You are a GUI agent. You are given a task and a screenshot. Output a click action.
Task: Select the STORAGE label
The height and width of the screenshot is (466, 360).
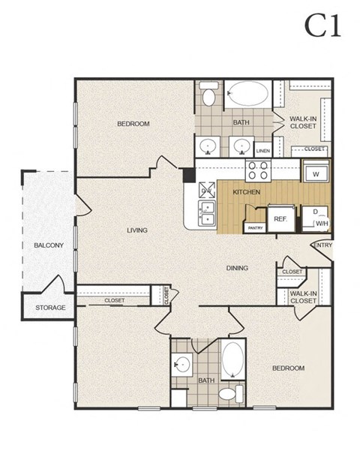50,308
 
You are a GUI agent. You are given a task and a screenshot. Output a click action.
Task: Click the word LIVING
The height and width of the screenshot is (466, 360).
136,230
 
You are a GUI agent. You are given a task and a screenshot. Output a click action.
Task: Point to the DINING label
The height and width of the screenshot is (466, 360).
238,268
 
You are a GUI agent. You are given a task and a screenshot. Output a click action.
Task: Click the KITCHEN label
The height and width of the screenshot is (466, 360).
246,193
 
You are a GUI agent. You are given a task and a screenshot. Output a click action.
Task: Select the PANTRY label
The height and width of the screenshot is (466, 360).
255,227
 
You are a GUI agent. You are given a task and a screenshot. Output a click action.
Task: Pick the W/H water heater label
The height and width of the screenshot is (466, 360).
321,223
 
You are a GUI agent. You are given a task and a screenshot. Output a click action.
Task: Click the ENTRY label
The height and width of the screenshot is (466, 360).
322,245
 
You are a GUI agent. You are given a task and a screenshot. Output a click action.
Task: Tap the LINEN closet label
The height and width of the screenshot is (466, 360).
262,151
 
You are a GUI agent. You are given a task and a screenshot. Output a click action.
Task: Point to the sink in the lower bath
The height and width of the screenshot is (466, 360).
181,365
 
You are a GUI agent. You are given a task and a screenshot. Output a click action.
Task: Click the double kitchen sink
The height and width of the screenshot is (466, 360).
206,214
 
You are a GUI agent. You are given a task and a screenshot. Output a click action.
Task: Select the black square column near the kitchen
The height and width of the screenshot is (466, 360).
190,174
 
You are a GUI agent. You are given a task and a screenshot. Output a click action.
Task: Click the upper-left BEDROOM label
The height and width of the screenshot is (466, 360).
133,124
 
